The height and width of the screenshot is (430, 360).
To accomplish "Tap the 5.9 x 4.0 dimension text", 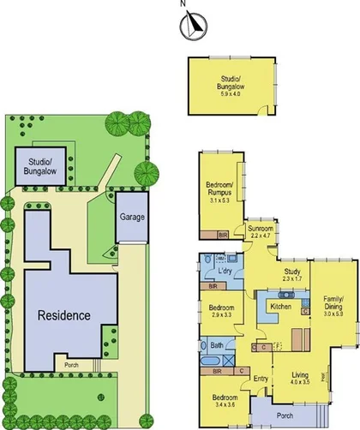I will [x=231, y=92].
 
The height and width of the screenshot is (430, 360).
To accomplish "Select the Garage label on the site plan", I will [x=132, y=217].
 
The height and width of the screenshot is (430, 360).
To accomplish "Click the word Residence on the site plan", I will [x=63, y=315].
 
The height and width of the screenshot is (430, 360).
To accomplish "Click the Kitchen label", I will [x=281, y=306].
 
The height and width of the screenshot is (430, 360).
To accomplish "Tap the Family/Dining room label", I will [x=333, y=303].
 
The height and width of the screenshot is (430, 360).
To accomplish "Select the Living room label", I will [x=299, y=374].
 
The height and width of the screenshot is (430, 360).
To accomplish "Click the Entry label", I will [x=261, y=378].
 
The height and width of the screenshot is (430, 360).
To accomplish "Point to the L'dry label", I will [x=226, y=272].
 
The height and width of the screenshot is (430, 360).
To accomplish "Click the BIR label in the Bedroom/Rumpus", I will [x=223, y=234].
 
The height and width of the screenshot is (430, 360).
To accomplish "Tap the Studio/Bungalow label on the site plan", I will [x=41, y=165].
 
